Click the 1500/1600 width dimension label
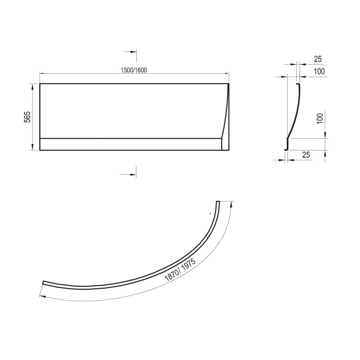(134, 70)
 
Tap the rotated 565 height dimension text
(27, 117)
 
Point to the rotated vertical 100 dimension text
(320, 118)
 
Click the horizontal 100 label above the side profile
(319, 72)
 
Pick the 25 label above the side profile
(318, 59)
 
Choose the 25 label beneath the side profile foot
(306, 155)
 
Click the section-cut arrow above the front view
(130, 52)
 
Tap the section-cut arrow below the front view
(128, 174)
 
